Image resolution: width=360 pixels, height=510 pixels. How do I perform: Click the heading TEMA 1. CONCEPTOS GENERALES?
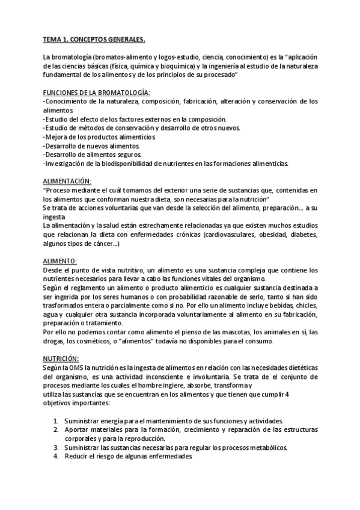94,40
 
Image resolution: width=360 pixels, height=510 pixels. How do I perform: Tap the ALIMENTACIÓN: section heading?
67,181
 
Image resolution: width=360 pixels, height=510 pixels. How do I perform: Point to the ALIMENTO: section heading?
60,262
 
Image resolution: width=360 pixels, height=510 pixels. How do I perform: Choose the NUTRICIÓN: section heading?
63,358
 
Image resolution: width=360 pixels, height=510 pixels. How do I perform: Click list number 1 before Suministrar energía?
55,421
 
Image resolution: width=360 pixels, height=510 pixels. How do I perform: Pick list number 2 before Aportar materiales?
55,430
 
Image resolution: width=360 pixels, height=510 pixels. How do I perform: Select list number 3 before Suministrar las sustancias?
55,447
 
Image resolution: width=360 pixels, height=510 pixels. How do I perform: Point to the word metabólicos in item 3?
266,447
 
